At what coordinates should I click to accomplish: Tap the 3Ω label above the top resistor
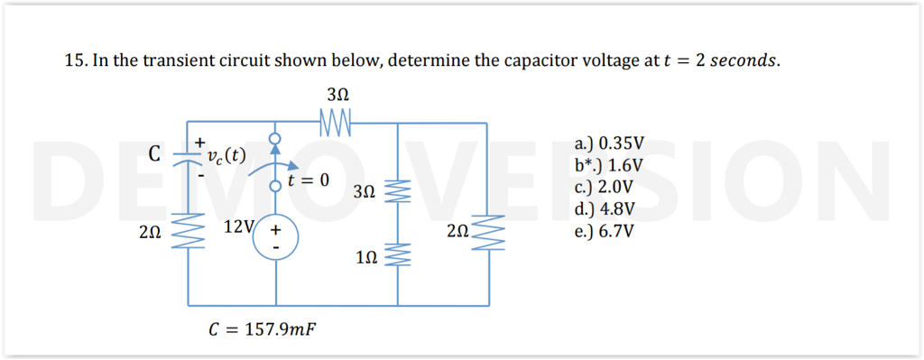336,95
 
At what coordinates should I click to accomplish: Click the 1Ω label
366,258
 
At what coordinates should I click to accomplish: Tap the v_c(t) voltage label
226,155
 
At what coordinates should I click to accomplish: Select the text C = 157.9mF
262,328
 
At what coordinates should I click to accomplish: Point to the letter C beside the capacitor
155,153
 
